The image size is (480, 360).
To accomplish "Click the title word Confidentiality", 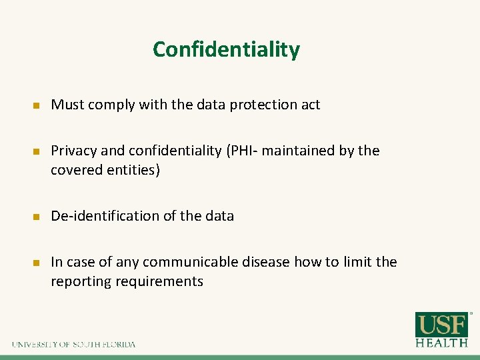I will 226,49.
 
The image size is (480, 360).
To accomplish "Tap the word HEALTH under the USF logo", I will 442,343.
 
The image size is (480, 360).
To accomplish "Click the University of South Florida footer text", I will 73,345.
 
